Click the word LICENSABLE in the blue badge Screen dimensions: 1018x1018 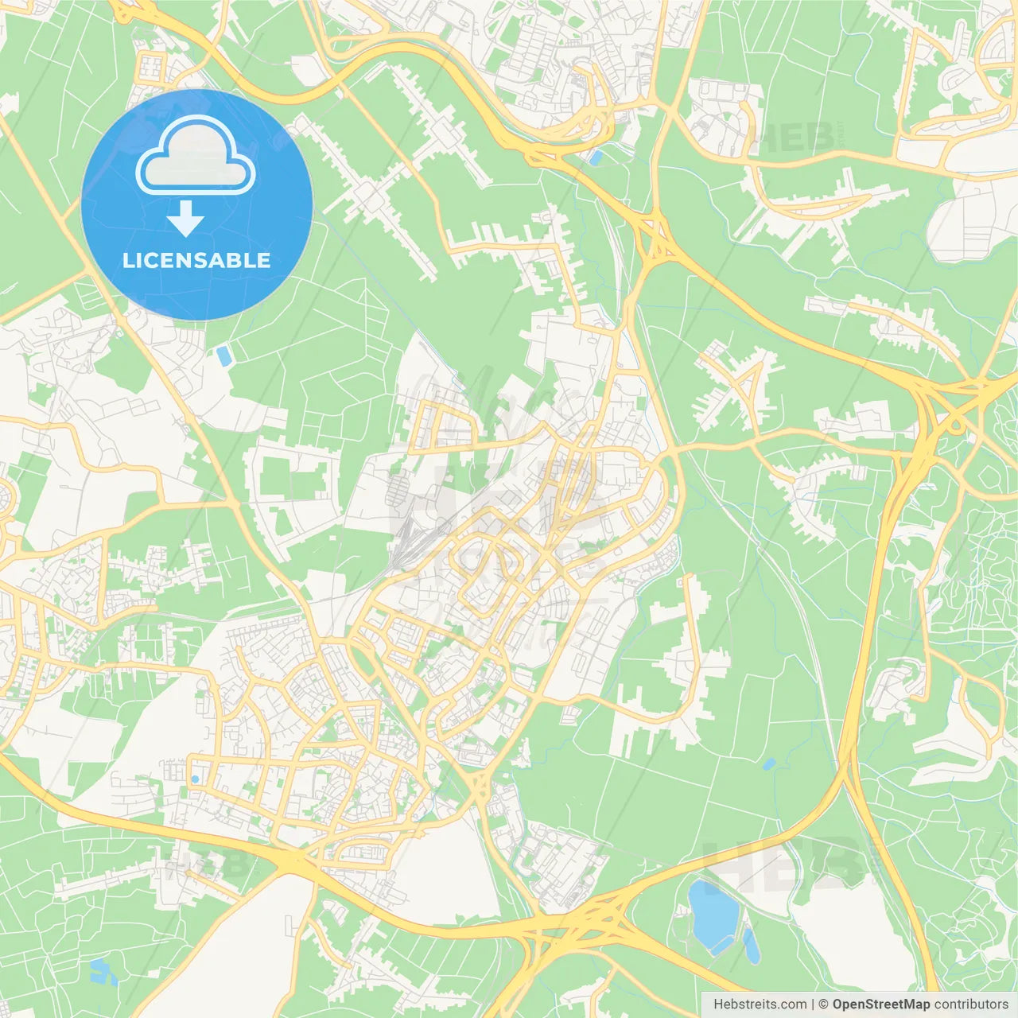[196, 261]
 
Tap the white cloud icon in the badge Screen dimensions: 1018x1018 [196, 157]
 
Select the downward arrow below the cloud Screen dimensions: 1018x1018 [186, 218]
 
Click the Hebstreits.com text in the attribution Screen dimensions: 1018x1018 [760, 1004]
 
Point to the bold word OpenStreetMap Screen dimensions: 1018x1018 [881, 1004]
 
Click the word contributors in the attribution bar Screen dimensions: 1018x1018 [971, 1004]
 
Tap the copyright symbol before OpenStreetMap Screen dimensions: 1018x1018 [824, 1004]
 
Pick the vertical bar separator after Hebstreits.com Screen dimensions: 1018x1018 [813, 1004]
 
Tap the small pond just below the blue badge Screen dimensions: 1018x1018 [224, 356]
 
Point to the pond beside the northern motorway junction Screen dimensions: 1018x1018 [595, 157]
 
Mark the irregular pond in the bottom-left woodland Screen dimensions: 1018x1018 [100, 970]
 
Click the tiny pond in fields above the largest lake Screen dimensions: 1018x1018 [768, 764]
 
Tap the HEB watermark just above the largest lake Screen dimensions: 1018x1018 [783, 863]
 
